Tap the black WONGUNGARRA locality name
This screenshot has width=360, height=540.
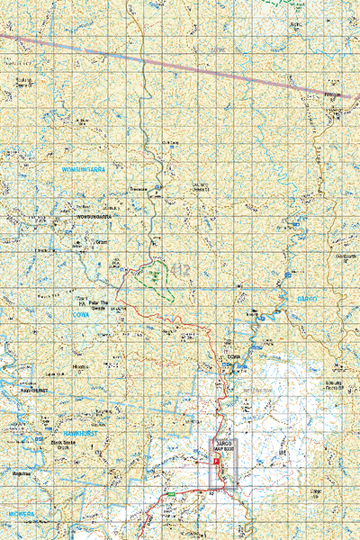(93, 217)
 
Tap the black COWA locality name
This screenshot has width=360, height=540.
(236, 357)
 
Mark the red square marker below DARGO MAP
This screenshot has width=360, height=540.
(216, 455)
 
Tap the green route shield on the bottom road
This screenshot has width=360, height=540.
(169, 494)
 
